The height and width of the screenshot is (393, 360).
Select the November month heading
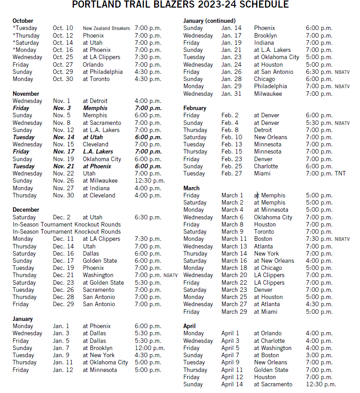[26, 94]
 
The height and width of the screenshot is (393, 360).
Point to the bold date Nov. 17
[63, 152]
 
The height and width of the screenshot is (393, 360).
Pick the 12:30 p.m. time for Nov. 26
[150, 181]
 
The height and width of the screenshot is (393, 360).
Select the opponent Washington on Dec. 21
[98, 275]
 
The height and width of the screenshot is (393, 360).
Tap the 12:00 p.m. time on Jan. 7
[150, 348]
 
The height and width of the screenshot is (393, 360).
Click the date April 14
[232, 384]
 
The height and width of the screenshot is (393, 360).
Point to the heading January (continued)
[209, 21]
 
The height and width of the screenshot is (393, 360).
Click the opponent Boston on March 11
[263, 239]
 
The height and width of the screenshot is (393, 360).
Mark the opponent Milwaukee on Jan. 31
[268, 94]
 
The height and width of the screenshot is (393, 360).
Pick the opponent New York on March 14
[266, 253]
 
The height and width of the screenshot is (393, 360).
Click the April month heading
[189, 326]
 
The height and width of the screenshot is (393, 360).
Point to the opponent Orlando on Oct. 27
[93, 64]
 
